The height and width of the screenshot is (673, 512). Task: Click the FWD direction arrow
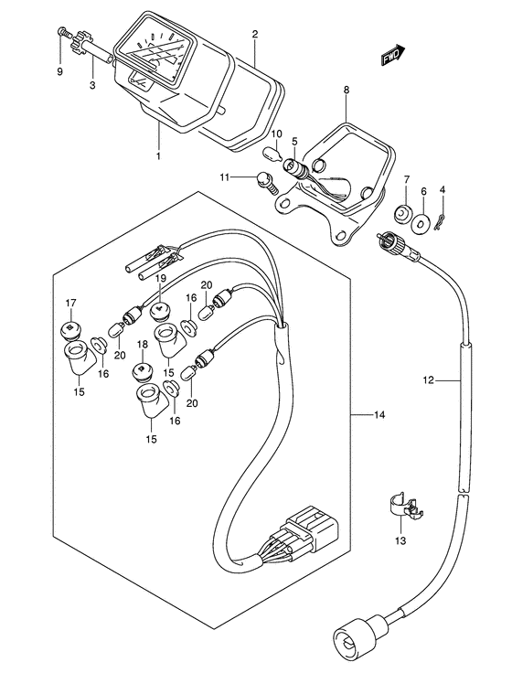click(x=393, y=55)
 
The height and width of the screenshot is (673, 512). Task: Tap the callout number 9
click(x=59, y=71)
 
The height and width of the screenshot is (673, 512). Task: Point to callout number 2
click(x=255, y=35)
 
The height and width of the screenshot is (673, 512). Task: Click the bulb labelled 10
click(x=272, y=152)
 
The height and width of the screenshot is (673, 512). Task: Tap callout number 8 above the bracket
click(x=347, y=91)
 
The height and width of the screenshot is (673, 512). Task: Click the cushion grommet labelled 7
click(x=403, y=212)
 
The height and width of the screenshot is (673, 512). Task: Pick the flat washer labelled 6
click(x=423, y=221)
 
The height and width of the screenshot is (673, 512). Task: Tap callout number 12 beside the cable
click(x=429, y=379)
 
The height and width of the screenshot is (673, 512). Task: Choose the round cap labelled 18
click(x=143, y=371)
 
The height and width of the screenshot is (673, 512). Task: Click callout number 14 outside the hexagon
click(x=379, y=414)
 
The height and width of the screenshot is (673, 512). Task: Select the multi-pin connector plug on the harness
click(x=301, y=529)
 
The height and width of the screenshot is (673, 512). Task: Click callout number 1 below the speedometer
click(x=158, y=155)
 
